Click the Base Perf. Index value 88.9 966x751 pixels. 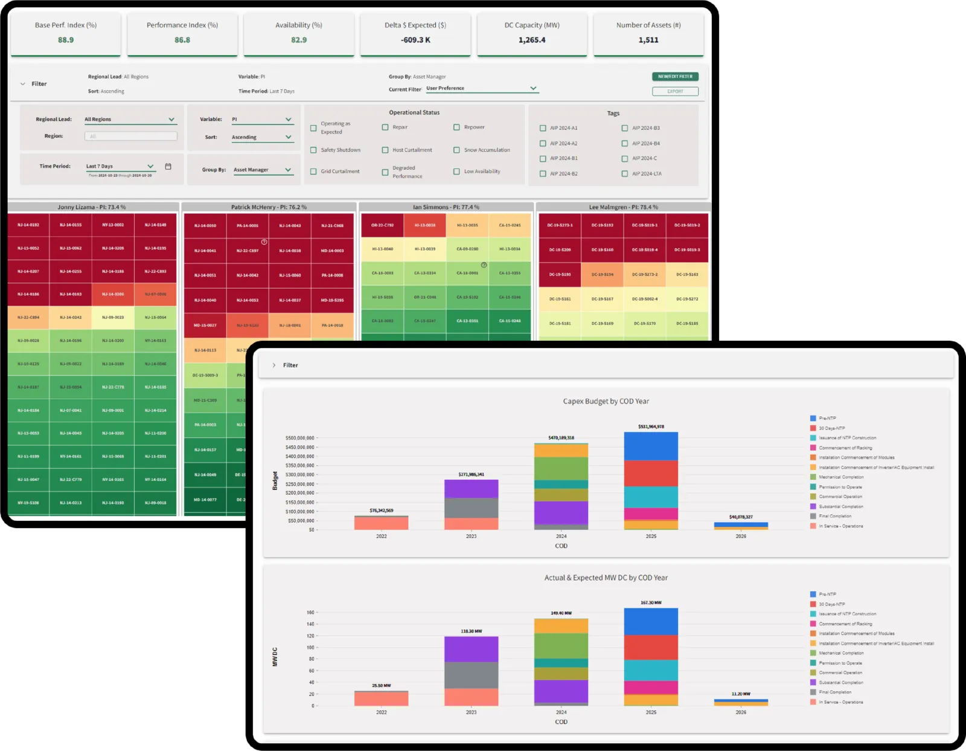[66, 40]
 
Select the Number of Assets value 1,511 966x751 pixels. [648, 40]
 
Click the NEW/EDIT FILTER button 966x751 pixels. [675, 77]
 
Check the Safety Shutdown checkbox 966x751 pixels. [313, 150]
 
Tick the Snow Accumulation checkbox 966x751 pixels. [456, 150]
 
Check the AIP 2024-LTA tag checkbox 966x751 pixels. [625, 174]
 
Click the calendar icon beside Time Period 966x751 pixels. [168, 166]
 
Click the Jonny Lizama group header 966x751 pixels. [92, 207]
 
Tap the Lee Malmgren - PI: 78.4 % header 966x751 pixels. [623, 207]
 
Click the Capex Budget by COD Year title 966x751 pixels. [606, 401]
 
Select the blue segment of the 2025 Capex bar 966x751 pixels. [651, 446]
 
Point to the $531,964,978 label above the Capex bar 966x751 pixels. [651, 427]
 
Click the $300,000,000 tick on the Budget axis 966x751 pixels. [300, 475]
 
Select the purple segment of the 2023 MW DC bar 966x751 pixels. [471, 649]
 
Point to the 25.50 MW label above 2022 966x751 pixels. [381, 686]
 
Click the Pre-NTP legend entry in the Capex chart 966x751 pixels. [827, 418]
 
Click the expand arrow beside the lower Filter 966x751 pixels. [274, 366]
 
